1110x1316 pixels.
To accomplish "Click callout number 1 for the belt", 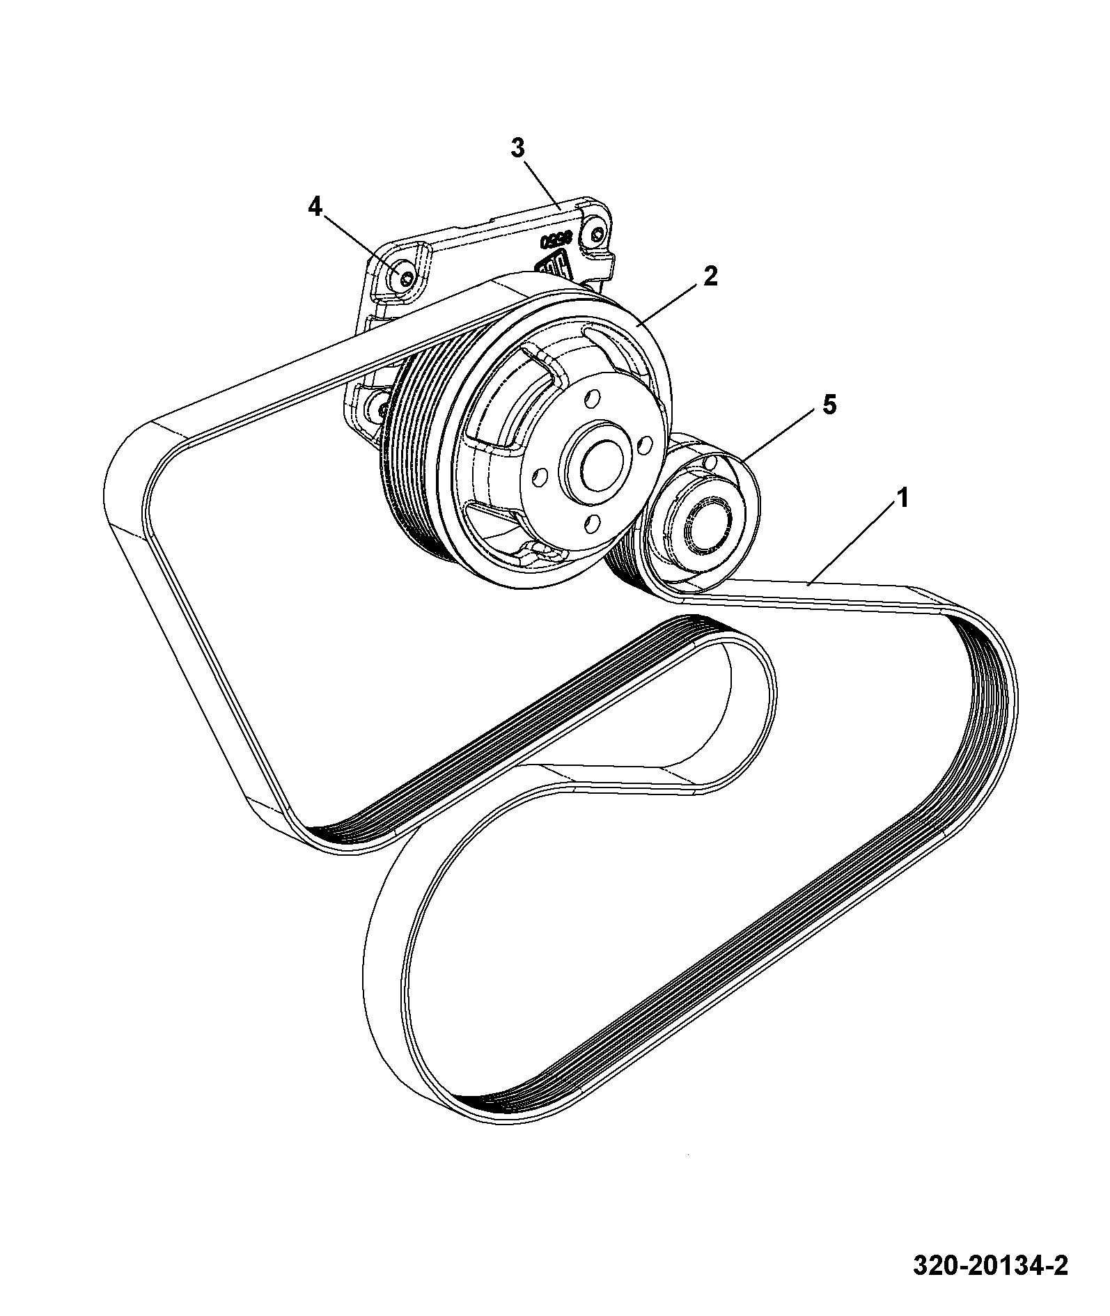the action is (x=902, y=499).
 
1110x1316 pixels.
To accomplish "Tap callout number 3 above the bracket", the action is (x=518, y=148).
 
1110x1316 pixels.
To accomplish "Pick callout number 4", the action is (x=315, y=206).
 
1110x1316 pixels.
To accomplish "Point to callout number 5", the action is (x=829, y=405).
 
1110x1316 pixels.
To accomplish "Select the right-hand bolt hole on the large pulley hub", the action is (x=645, y=444).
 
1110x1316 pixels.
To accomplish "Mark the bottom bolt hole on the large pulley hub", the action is (x=592, y=522).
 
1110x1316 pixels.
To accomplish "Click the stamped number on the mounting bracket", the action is (x=556, y=240).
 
